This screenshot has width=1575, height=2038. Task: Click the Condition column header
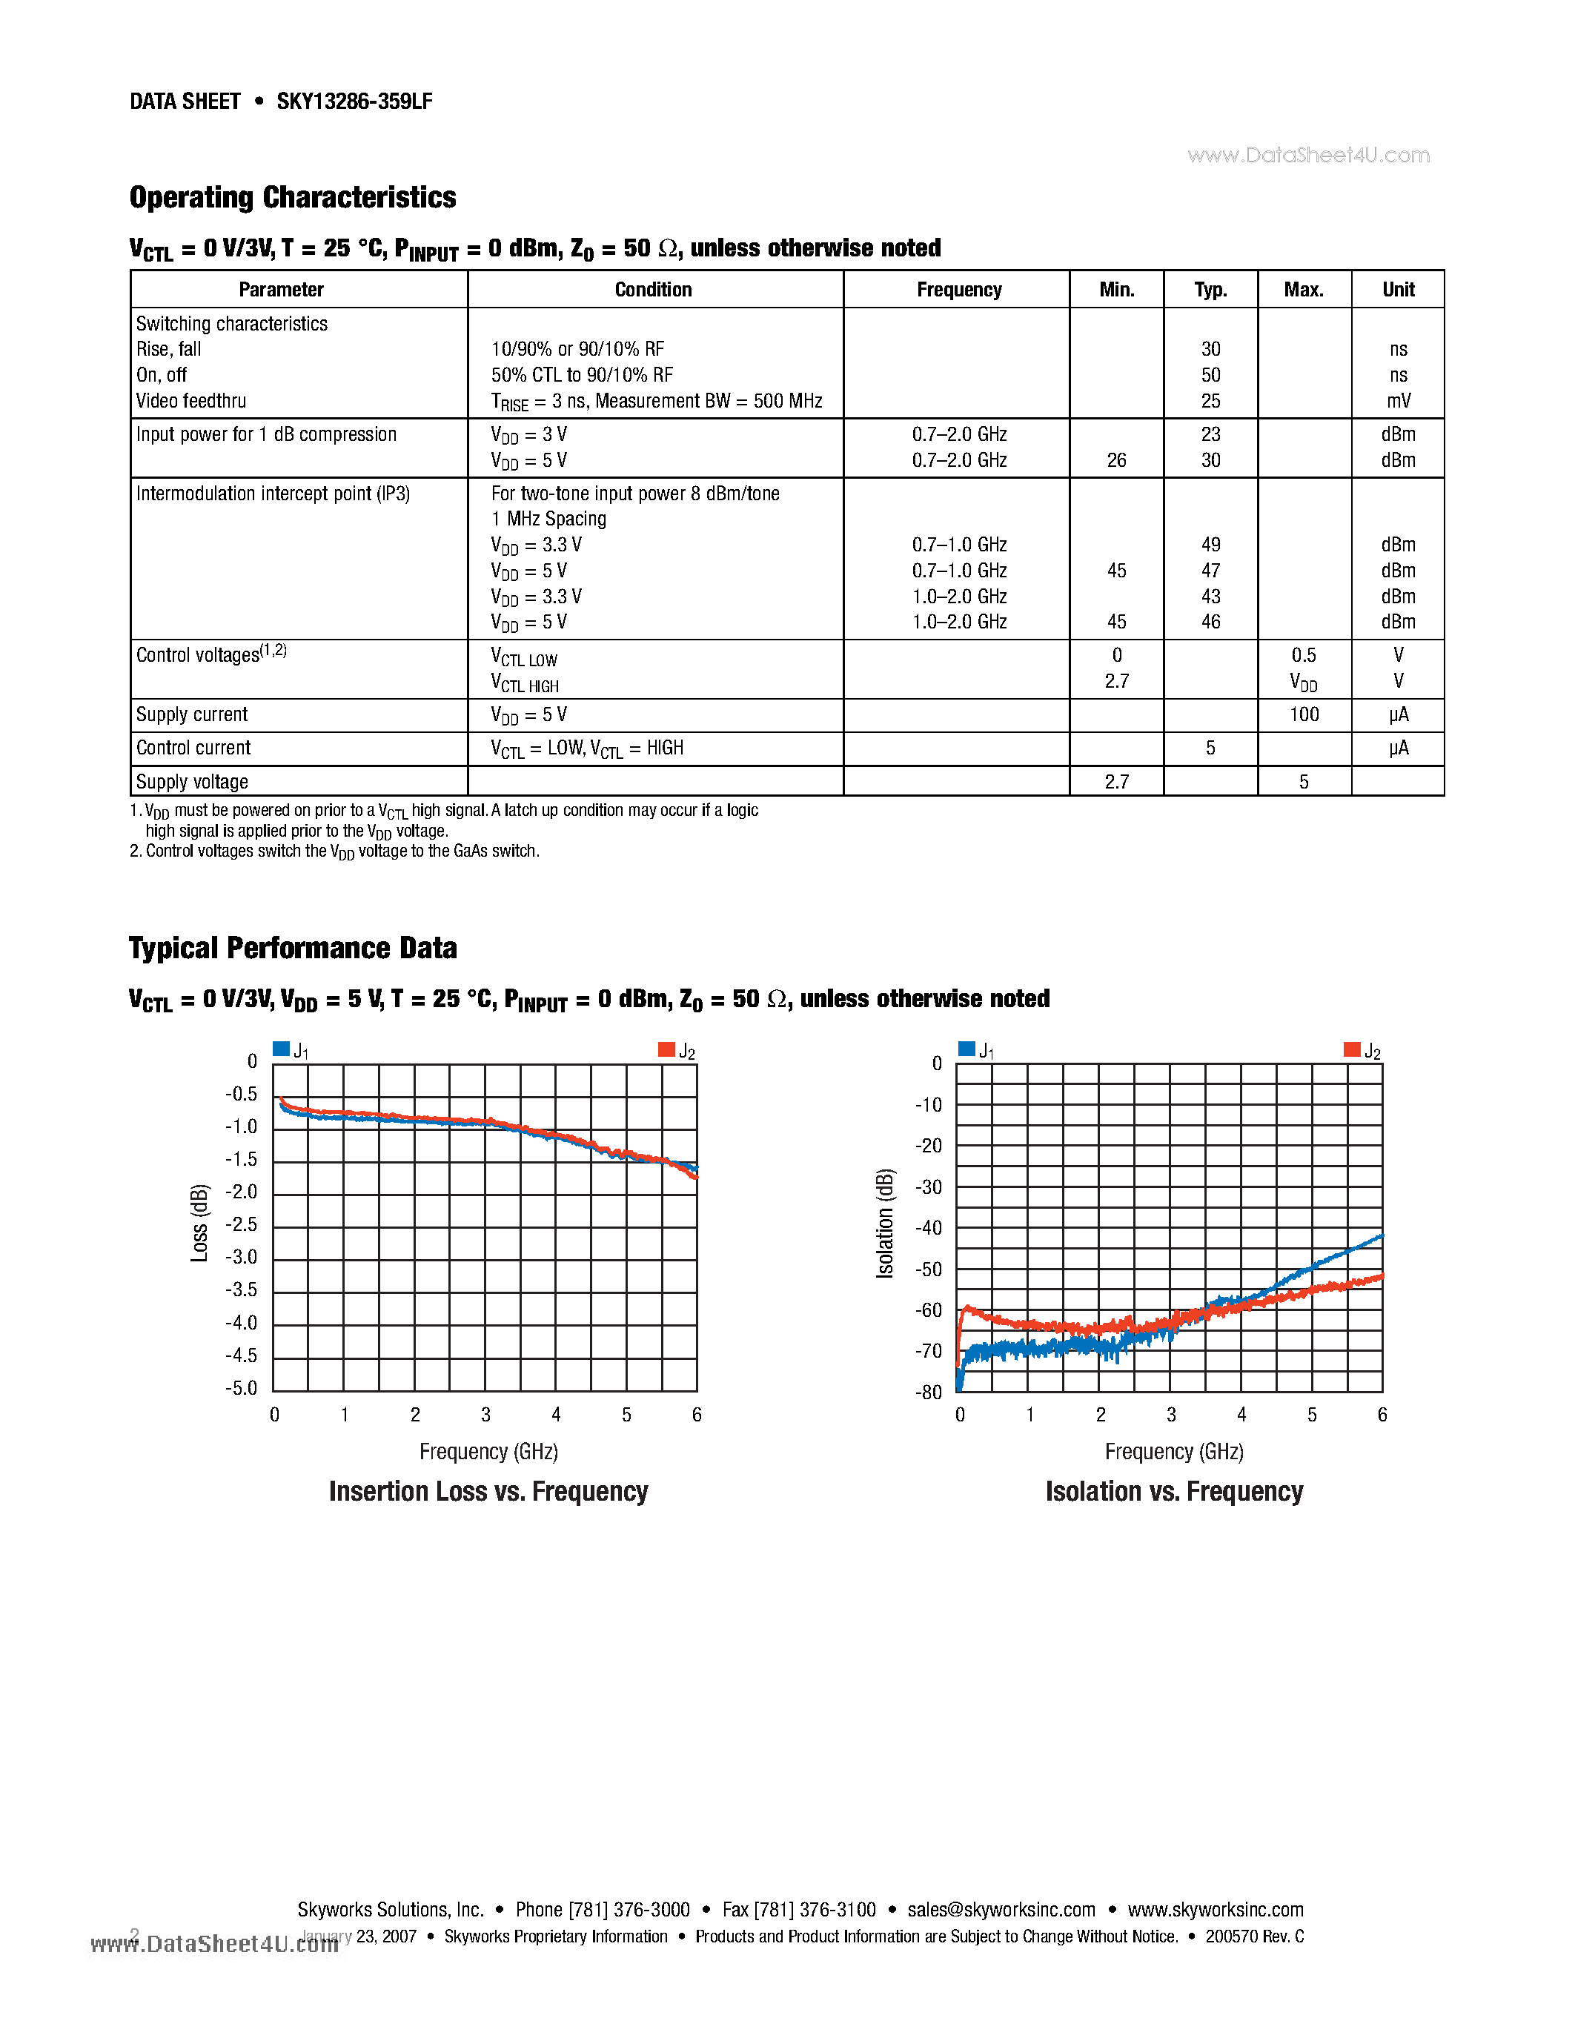(653, 289)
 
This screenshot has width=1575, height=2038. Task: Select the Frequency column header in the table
(958, 289)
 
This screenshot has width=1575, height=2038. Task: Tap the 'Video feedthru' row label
(191, 400)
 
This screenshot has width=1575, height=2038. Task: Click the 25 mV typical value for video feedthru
(1210, 400)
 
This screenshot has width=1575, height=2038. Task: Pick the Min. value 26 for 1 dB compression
(1116, 460)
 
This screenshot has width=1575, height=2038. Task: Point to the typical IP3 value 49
(1210, 544)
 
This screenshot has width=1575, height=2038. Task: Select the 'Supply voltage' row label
(192, 781)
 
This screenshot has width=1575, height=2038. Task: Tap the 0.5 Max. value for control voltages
(1304, 655)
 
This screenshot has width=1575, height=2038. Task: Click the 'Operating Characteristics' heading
(292, 197)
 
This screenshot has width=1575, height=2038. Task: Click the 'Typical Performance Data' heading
(292, 947)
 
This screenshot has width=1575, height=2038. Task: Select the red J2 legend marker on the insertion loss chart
(666, 1049)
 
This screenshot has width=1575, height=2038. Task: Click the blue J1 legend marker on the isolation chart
(966, 1049)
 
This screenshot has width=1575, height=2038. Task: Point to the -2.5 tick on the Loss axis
(241, 1224)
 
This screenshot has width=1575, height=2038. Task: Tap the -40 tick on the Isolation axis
(929, 1227)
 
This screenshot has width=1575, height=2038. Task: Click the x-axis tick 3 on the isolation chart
(1171, 1415)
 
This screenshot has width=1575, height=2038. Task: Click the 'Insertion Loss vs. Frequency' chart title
(488, 1491)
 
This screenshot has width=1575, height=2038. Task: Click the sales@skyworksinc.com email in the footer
(1001, 1910)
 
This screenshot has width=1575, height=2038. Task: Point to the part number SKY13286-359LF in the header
(354, 102)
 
